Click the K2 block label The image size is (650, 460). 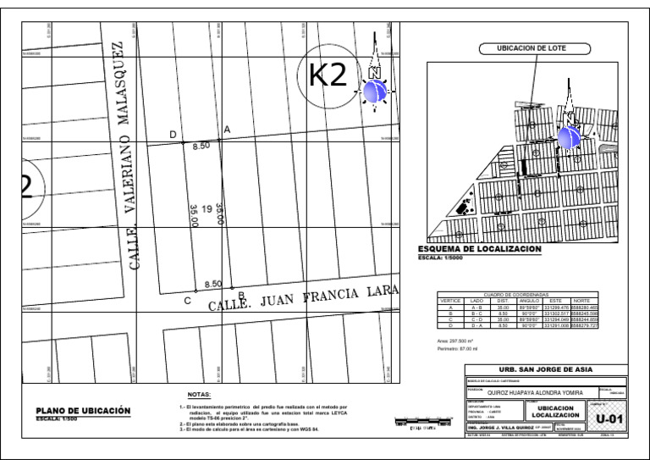(x=328, y=76)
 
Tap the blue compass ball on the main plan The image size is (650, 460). (x=375, y=91)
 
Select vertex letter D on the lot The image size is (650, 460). (x=174, y=135)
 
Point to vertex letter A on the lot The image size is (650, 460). (x=227, y=129)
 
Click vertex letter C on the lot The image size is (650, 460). (x=187, y=301)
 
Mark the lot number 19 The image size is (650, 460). (x=207, y=209)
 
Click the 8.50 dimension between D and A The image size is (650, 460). (x=201, y=147)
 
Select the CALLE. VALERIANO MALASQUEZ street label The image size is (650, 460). (x=124, y=156)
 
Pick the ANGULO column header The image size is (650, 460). (x=529, y=300)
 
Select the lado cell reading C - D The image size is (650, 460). (x=476, y=319)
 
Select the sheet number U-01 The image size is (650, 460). (x=609, y=418)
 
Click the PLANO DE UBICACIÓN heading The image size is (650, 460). (x=83, y=410)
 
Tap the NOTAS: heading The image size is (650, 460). (x=200, y=395)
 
